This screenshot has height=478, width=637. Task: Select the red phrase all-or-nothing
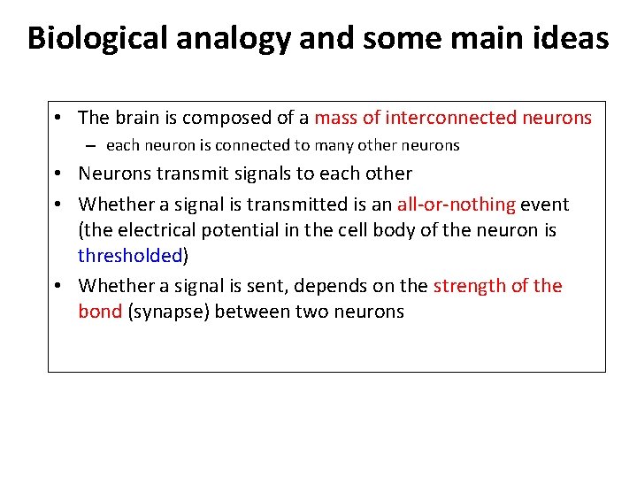(x=456, y=204)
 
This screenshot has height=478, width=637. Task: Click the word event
(x=545, y=204)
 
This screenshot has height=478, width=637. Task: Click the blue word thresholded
(x=130, y=256)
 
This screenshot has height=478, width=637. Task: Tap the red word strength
(x=466, y=286)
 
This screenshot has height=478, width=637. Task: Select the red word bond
(x=99, y=312)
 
